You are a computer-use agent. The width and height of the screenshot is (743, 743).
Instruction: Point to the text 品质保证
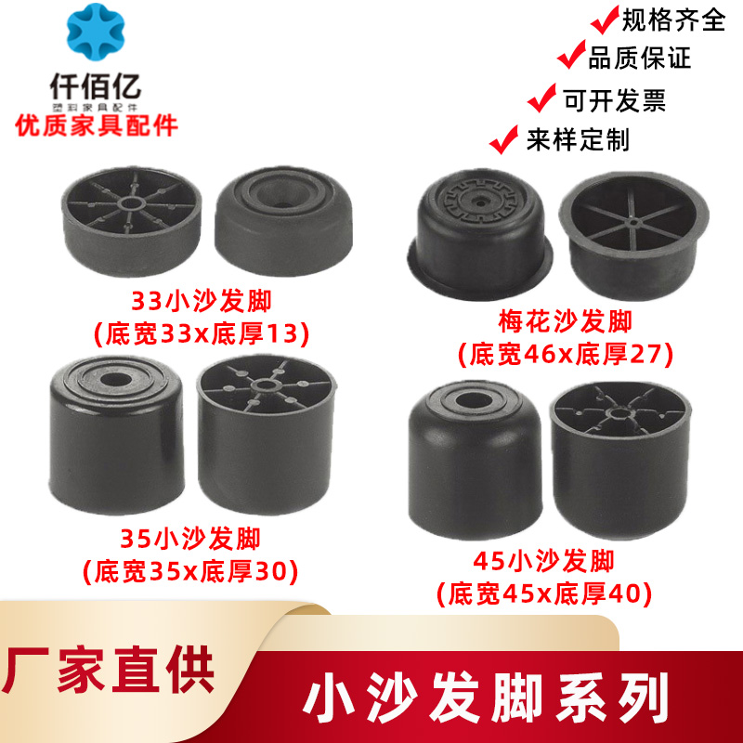640,59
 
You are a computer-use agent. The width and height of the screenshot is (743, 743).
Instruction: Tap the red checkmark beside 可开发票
541,98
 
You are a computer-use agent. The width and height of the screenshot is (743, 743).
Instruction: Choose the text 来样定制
578,139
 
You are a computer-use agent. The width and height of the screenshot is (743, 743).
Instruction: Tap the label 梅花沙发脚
565,322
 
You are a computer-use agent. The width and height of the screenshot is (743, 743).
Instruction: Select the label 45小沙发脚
542,561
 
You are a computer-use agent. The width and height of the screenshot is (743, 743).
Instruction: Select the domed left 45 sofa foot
476,455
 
